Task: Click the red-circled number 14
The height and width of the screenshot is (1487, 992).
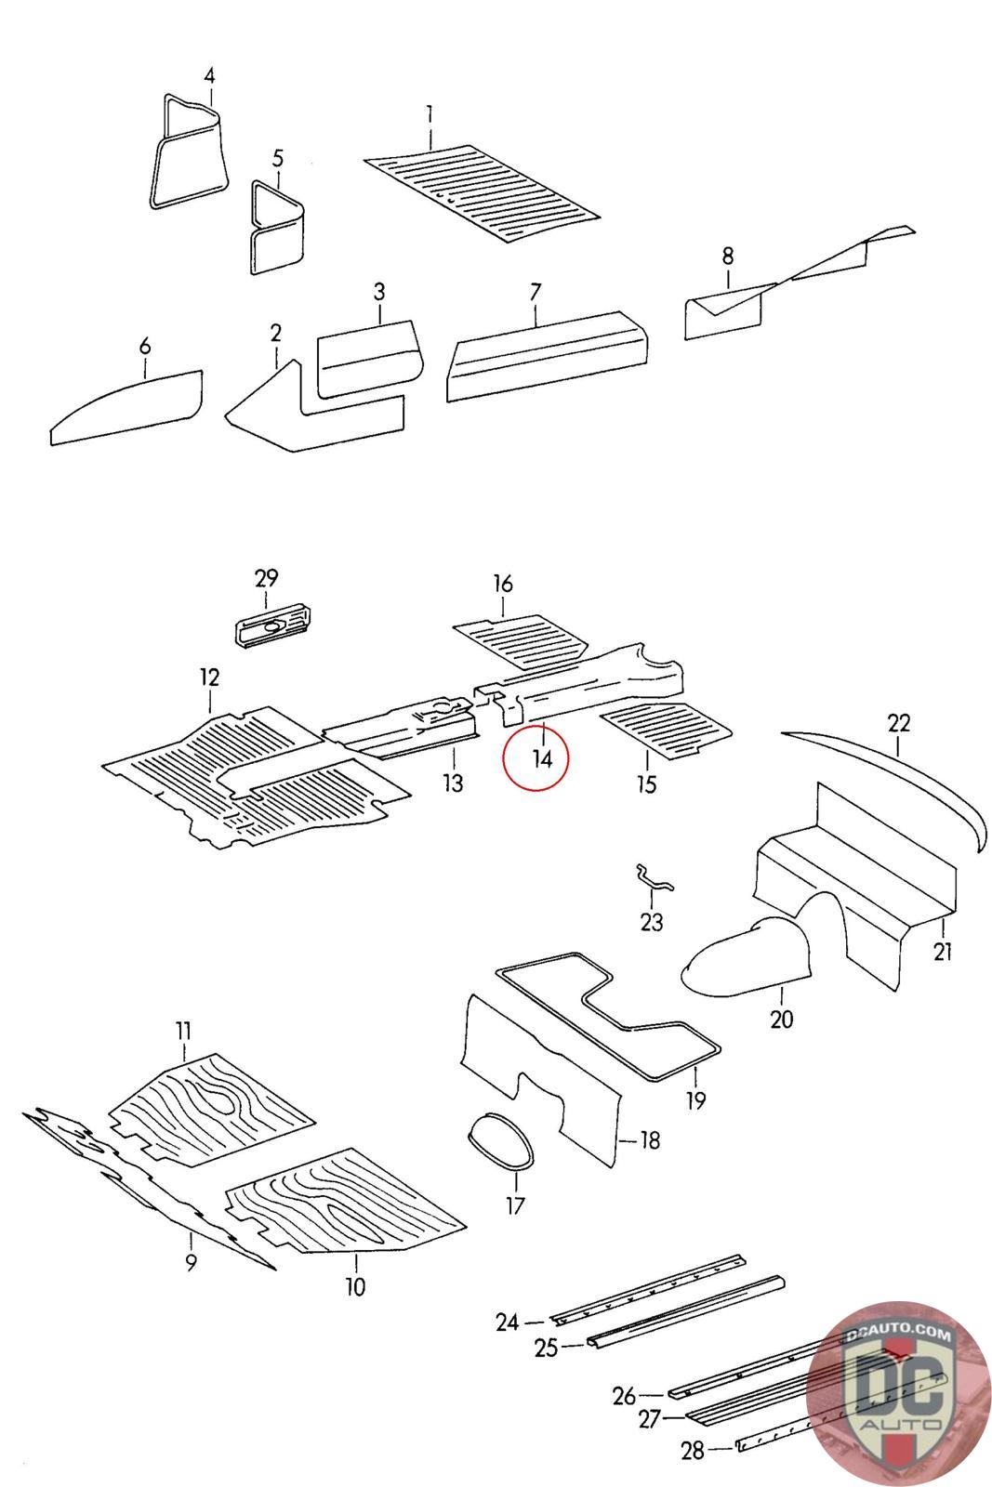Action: coord(542,758)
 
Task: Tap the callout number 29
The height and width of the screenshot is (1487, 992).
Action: coord(266,578)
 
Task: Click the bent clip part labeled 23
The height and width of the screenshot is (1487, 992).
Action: coord(653,878)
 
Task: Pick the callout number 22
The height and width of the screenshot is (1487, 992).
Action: coord(899,722)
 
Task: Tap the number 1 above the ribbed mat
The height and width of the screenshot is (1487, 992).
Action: coord(430,114)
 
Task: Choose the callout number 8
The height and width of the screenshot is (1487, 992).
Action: coord(728,255)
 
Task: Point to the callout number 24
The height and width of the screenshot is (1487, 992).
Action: coord(507,1322)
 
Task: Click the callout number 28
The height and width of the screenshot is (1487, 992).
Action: coord(693,1451)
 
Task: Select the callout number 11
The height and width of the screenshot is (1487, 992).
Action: coord(183,1030)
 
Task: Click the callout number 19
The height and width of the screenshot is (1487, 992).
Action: coord(695,1100)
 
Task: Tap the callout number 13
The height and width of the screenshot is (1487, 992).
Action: coord(452,783)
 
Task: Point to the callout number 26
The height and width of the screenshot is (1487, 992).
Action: coord(624,1395)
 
